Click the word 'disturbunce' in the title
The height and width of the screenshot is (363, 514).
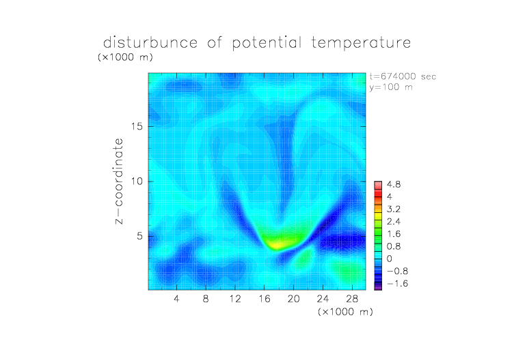click(x=150, y=42)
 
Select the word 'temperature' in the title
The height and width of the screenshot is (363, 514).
click(x=361, y=43)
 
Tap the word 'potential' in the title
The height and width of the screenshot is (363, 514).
click(x=267, y=43)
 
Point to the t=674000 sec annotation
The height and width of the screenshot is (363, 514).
click(x=403, y=76)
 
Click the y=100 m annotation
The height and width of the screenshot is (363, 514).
click(x=391, y=87)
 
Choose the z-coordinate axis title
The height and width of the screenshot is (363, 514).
click(x=119, y=181)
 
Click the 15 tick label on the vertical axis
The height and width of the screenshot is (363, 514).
click(x=137, y=126)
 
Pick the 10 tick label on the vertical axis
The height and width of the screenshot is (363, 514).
click(x=137, y=181)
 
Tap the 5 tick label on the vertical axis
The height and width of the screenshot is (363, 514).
click(x=140, y=236)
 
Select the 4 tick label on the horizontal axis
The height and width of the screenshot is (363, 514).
click(x=176, y=298)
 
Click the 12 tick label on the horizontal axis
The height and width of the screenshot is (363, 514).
click(x=235, y=298)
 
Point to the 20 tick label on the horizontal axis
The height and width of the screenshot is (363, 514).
click(x=294, y=298)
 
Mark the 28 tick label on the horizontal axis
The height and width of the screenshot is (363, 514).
click(x=352, y=298)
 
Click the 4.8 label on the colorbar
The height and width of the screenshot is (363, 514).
click(x=394, y=185)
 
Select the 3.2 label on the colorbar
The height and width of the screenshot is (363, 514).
click(x=394, y=209)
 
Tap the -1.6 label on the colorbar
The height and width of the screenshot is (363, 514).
click(x=398, y=283)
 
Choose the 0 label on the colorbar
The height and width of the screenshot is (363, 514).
click(x=390, y=259)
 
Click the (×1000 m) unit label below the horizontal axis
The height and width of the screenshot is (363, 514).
click(x=345, y=312)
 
